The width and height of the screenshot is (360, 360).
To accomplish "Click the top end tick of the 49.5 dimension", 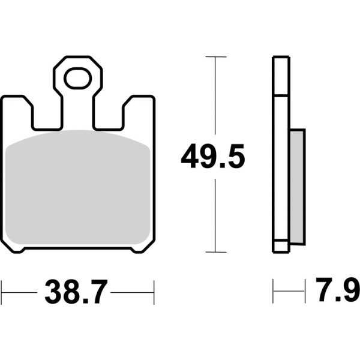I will [x=215, y=57].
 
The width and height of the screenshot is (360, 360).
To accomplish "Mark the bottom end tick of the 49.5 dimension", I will [x=215, y=252].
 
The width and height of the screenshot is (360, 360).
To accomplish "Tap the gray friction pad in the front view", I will [x=77, y=189].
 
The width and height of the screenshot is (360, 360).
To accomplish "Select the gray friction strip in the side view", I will [x=297, y=186].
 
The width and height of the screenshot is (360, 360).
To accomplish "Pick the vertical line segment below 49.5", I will [x=215, y=216].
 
